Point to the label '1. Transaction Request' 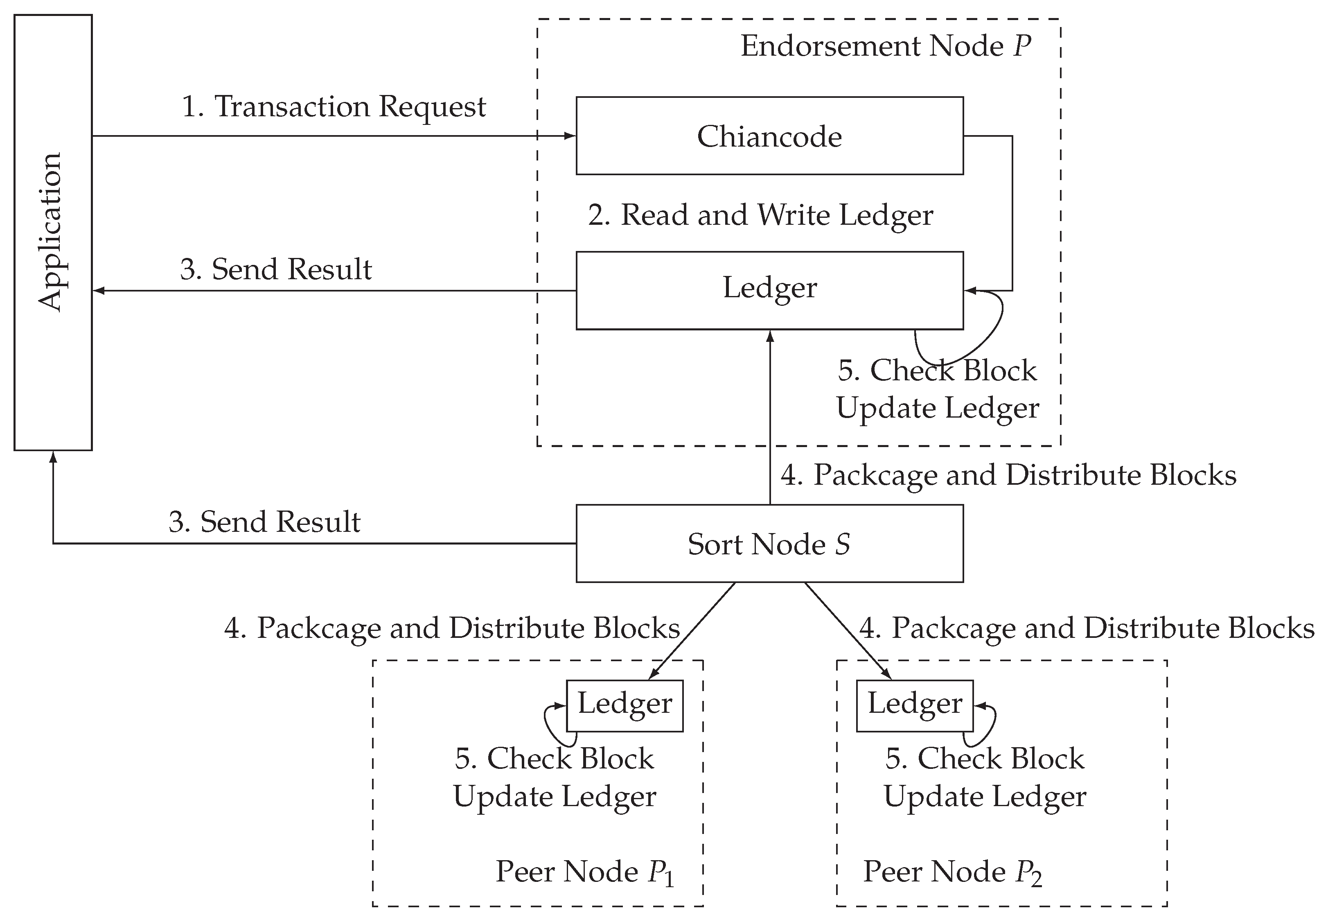[334, 107]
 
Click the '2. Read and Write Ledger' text [760, 215]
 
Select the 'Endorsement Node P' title [885, 46]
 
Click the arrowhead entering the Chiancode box [570, 136]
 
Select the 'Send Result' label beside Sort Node [264, 522]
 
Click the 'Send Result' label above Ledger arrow [276, 269]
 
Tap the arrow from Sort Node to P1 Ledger [693, 630]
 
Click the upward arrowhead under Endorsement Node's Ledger [770, 336]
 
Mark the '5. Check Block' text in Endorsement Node [937, 370]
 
